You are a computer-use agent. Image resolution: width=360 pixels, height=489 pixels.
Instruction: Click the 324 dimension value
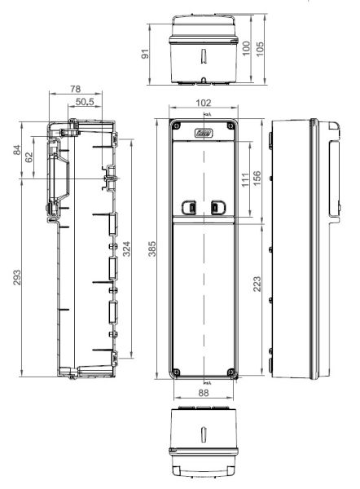pyautogui.click(x=126, y=249)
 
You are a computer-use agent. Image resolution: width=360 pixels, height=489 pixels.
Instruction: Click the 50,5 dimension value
pyautogui.click(x=84, y=101)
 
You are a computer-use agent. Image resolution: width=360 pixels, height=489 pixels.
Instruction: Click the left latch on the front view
pyautogui.click(x=190, y=208)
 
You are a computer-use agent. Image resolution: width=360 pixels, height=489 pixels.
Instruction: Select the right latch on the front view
pyautogui.click(x=217, y=208)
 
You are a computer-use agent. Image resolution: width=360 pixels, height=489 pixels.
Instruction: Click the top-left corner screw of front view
pyautogui.click(x=175, y=126)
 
